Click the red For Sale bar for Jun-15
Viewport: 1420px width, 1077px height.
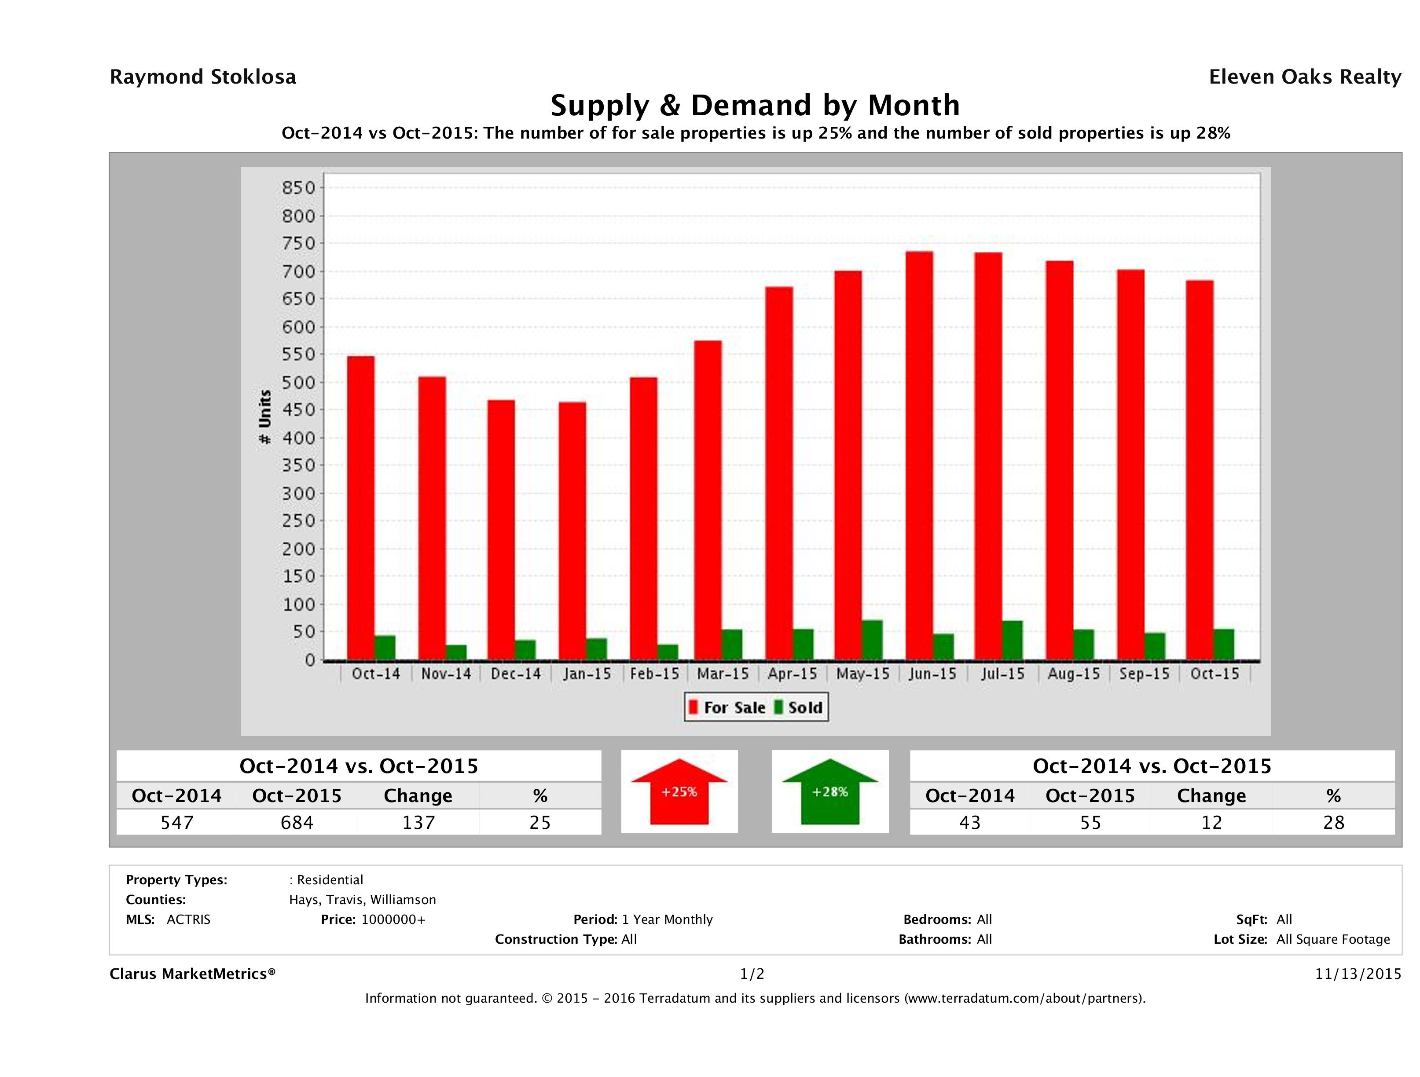pyautogui.click(x=919, y=456)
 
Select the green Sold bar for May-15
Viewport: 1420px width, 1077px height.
pyautogui.click(x=872, y=640)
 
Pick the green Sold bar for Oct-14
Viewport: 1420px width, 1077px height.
pyautogui.click(x=385, y=648)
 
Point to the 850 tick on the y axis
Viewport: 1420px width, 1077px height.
pyautogui.click(x=299, y=188)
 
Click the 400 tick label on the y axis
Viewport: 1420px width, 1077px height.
pyautogui.click(x=299, y=438)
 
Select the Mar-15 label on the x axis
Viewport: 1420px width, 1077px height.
pyautogui.click(x=723, y=674)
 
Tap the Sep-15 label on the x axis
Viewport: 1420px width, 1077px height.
pyautogui.click(x=1144, y=674)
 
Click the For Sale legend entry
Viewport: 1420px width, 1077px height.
pyautogui.click(x=727, y=707)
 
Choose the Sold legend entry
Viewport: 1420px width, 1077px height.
pyautogui.click(x=799, y=707)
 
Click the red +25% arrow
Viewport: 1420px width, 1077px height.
pyautogui.click(x=679, y=792)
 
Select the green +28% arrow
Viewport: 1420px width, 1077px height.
pyautogui.click(x=830, y=792)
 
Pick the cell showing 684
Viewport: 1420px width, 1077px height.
pyautogui.click(x=297, y=822)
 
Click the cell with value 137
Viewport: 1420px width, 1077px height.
pyautogui.click(x=418, y=822)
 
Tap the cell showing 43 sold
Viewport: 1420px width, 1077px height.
pyautogui.click(x=969, y=822)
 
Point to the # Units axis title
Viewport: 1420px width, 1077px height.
pyautogui.click(x=264, y=417)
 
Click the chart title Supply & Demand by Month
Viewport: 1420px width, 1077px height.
pyautogui.click(x=755, y=105)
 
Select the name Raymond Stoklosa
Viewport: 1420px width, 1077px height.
pyautogui.click(x=203, y=77)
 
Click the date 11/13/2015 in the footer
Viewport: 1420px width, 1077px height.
pyautogui.click(x=1358, y=974)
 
